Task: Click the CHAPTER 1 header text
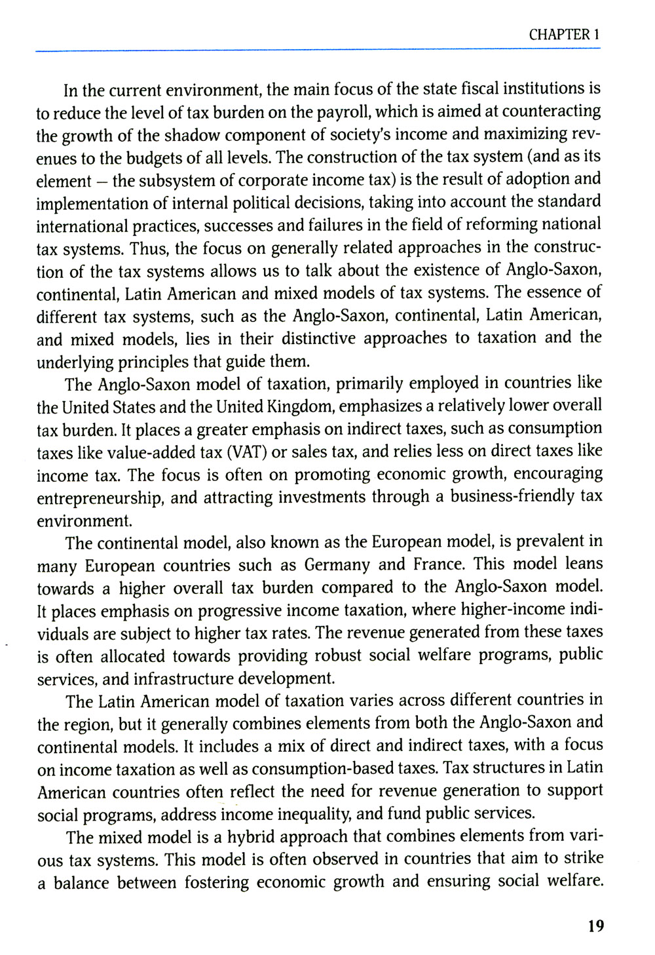[x=564, y=35]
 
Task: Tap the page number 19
[x=595, y=926]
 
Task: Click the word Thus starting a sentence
[x=145, y=248]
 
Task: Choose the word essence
[x=552, y=292]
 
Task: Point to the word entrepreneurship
[x=100, y=498]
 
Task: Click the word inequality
[x=307, y=814]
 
